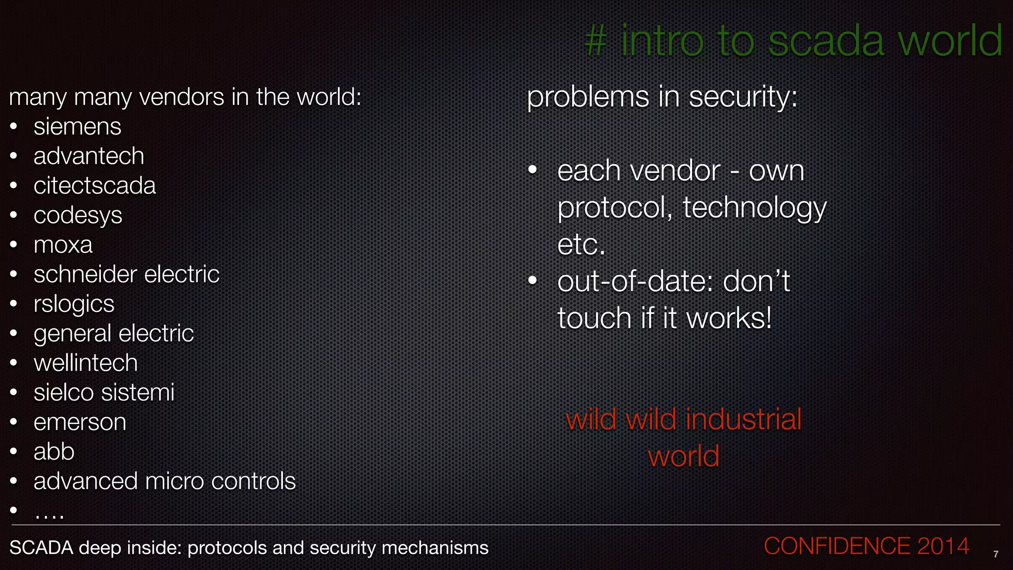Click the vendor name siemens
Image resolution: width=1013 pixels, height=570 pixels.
[77, 127]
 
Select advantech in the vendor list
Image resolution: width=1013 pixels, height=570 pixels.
[89, 156]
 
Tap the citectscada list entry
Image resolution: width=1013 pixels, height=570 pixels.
[94, 186]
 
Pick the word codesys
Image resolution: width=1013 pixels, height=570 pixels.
[78, 216]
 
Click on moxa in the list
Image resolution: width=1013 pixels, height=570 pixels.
[63, 245]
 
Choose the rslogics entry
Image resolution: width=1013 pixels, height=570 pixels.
[74, 304]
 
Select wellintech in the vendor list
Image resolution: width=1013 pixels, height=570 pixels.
[86, 363]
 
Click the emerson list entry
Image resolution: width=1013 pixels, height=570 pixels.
[80, 422]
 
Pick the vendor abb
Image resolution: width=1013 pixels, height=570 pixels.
[54, 452]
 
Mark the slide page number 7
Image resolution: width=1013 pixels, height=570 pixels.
[996, 555]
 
